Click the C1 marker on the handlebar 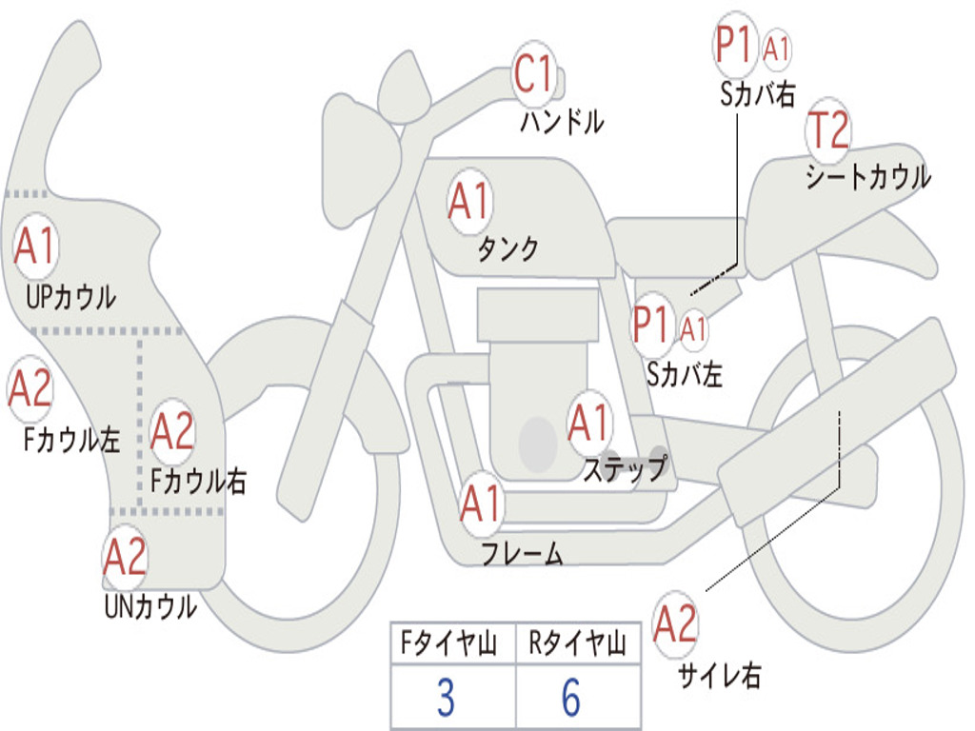[x=533, y=73]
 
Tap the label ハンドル [x=562, y=121]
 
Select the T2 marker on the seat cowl [x=828, y=129]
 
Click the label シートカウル [x=868, y=176]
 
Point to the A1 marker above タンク [x=470, y=202]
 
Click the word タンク [x=508, y=248]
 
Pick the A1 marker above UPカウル [x=36, y=247]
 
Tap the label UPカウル [x=70, y=297]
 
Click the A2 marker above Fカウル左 [x=30, y=388]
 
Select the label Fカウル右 [x=198, y=481]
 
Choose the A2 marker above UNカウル [x=125, y=557]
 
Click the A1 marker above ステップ [x=588, y=423]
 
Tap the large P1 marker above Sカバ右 [x=735, y=45]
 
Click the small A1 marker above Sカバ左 [x=693, y=329]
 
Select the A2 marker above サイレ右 [x=676, y=623]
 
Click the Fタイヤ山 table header [x=449, y=642]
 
